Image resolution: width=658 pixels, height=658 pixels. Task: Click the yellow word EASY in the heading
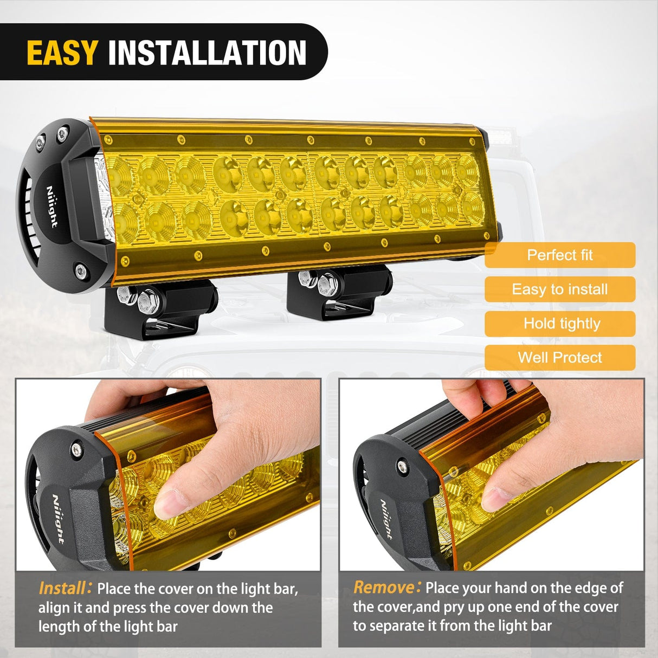tap(62, 53)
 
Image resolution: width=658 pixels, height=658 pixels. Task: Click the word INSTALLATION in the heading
tap(207, 53)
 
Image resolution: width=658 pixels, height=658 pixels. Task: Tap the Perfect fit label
tap(560, 255)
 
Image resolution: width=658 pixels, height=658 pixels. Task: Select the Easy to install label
tap(560, 289)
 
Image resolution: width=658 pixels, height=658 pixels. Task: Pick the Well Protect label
tap(560, 358)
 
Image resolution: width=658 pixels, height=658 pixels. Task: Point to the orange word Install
tap(62, 588)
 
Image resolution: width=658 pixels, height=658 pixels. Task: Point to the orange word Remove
tap(384, 588)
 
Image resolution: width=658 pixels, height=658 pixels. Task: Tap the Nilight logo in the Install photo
tap(59, 519)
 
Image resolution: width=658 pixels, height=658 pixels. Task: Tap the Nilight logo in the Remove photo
tap(386, 519)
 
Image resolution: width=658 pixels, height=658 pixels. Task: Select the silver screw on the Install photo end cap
tap(76, 448)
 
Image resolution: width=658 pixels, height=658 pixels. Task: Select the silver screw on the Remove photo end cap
tap(402, 465)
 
